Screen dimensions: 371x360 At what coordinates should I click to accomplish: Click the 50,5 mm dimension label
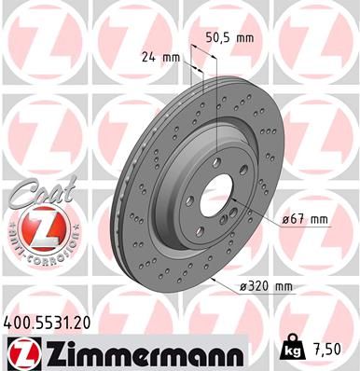coord(228,39)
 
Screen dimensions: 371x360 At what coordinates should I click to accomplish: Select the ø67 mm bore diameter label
coord(306,220)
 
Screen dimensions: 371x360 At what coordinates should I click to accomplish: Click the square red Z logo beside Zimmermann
coord(20,354)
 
